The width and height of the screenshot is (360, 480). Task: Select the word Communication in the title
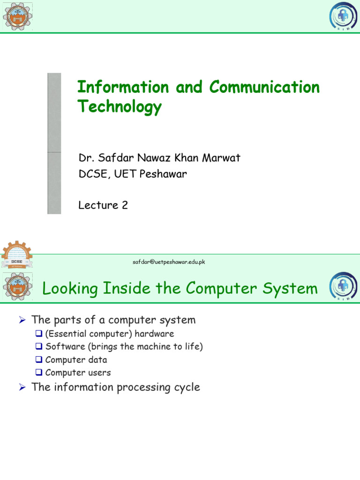tap(264, 87)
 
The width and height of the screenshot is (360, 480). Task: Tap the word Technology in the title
tap(119, 107)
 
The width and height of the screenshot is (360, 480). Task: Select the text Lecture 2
tap(103, 205)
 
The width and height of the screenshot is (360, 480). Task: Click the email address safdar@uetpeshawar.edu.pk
tap(169, 262)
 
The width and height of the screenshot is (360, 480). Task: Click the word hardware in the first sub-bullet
tap(154, 334)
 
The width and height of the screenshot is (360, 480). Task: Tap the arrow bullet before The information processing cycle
tap(21, 388)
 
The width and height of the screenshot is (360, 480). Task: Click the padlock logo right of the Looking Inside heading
tap(343, 287)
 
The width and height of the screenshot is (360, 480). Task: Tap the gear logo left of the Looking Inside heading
tap(17, 287)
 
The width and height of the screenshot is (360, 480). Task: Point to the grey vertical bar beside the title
tap(54, 143)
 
